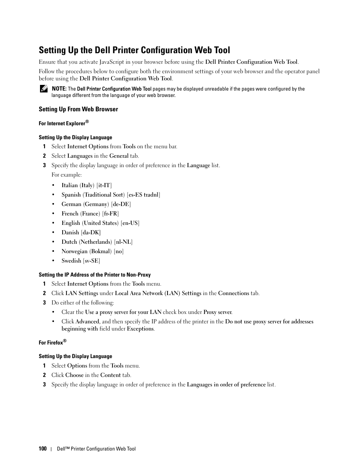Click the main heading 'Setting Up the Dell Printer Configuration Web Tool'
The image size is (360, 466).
point(134,50)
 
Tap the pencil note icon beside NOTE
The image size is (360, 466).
point(43,89)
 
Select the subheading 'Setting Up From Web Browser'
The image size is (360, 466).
point(78,109)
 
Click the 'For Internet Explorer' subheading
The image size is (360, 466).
point(62,123)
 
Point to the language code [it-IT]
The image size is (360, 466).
point(104,185)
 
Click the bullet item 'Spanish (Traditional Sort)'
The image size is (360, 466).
point(93,195)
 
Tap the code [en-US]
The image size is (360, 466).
point(130,223)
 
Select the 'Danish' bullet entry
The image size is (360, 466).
point(70,232)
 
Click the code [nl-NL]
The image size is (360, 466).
point(123,242)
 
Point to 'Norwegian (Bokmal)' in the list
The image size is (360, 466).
point(86,251)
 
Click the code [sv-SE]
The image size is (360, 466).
point(92,261)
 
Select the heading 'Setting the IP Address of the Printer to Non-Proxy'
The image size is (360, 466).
point(95,275)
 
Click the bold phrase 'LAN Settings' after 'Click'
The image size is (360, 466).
point(82,293)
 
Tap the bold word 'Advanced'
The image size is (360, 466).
point(87,321)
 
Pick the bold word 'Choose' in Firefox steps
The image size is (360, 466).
point(74,375)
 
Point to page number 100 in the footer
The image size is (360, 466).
point(42,449)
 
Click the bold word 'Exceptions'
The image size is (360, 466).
point(140,329)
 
